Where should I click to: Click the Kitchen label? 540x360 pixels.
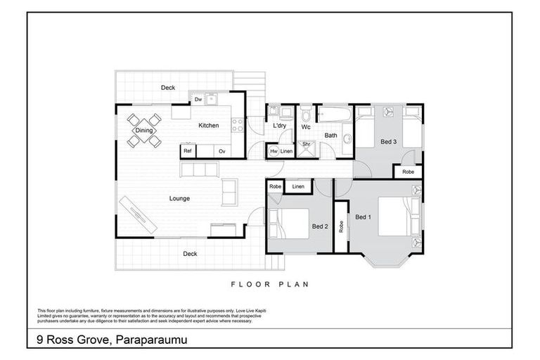(x=208, y=126)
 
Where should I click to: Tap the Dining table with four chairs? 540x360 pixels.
(x=144, y=130)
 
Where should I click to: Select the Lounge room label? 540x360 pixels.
(x=179, y=198)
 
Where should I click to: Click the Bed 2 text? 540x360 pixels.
(x=320, y=226)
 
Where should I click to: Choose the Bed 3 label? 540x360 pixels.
(x=389, y=142)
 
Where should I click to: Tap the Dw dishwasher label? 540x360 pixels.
(x=198, y=100)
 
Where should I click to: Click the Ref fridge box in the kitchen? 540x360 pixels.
(x=188, y=151)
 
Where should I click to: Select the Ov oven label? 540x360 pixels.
(x=221, y=151)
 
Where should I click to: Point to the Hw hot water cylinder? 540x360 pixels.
(x=274, y=151)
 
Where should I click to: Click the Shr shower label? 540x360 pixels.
(x=307, y=145)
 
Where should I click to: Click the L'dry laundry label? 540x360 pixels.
(x=279, y=127)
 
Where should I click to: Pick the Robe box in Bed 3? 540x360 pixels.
(x=408, y=172)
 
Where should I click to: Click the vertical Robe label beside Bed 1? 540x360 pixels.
(x=341, y=226)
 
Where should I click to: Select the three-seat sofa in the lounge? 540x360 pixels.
(x=200, y=169)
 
